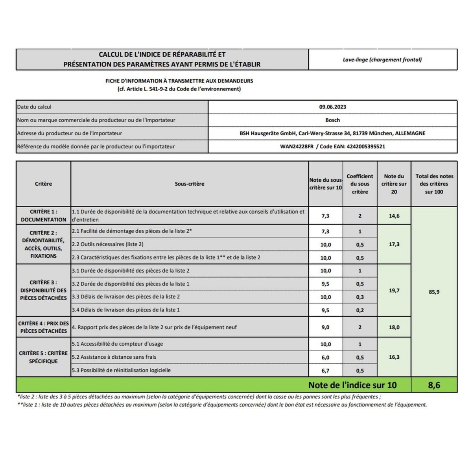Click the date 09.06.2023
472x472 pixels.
(x=332, y=107)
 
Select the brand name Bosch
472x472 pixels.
(x=332, y=120)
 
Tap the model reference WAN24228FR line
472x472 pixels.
(x=332, y=146)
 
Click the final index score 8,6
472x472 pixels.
(x=434, y=385)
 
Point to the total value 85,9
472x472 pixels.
(x=434, y=292)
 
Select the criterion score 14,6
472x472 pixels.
(x=394, y=216)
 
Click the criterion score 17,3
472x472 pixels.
(x=394, y=244)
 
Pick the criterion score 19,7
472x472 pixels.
(x=394, y=290)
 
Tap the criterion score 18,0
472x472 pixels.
(x=394, y=327)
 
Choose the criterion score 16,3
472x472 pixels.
(x=394, y=357)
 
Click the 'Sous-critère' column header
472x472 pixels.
(x=190, y=184)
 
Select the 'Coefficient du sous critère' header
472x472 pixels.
(x=360, y=184)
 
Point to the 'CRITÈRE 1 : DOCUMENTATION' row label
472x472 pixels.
(x=43, y=216)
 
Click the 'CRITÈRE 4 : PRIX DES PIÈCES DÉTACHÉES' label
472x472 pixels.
(x=43, y=327)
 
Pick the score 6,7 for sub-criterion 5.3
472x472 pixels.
(x=325, y=371)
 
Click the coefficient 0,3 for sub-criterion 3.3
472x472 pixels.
(x=360, y=297)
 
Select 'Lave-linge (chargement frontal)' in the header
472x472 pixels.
(x=382, y=60)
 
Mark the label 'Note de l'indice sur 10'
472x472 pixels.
(x=352, y=385)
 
